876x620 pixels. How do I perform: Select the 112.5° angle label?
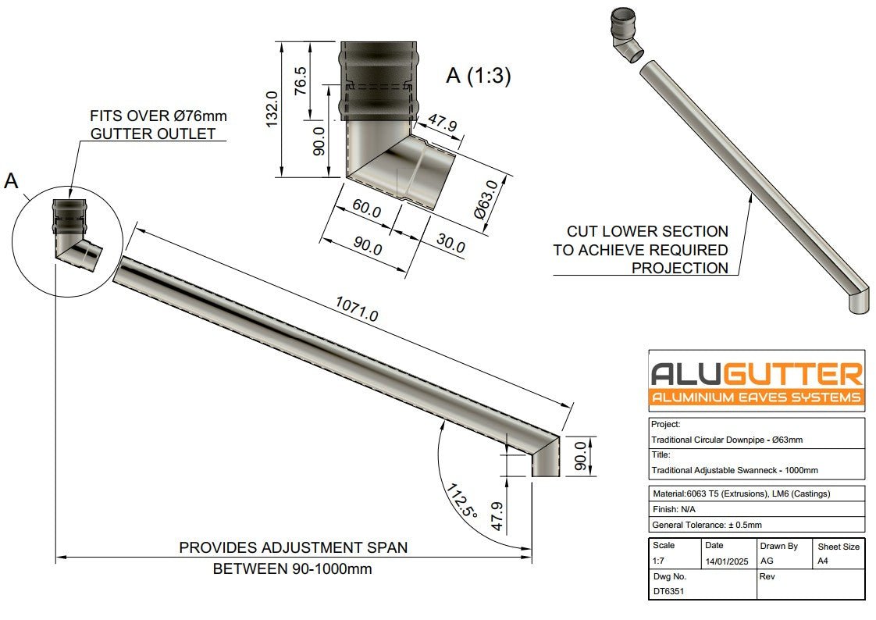[461, 501]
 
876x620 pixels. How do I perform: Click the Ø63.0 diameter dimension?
[487, 199]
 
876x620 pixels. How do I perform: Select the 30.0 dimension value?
[450, 244]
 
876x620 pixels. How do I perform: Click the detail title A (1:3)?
[478, 76]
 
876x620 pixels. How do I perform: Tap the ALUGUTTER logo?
[757, 381]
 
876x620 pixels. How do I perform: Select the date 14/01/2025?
[726, 561]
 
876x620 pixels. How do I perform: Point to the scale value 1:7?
[660, 561]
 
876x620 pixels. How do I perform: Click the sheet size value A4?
[824, 561]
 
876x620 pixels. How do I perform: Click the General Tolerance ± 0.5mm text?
[707, 525]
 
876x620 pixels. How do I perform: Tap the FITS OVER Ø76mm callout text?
[158, 125]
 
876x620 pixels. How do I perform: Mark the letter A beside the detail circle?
[11, 181]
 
